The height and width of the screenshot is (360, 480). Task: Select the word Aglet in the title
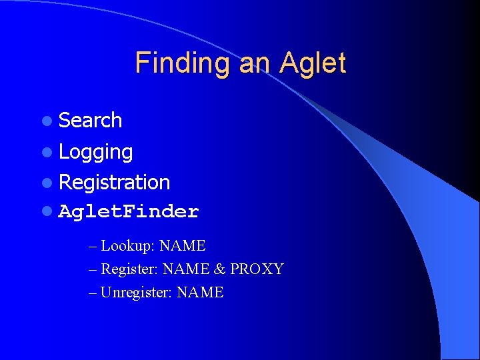(313, 63)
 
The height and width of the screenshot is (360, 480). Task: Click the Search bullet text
(90, 121)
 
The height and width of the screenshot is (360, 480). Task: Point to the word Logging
(95, 152)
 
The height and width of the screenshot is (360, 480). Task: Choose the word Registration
(114, 182)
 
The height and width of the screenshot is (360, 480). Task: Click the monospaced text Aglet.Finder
(129, 212)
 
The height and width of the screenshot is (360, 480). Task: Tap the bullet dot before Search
(46, 121)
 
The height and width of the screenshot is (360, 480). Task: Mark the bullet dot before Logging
(46, 152)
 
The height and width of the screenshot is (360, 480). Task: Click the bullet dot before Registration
(46, 183)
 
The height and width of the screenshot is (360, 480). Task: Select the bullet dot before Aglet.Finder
(46, 213)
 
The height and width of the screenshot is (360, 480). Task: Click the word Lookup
(128, 246)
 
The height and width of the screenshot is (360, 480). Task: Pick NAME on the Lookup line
(183, 246)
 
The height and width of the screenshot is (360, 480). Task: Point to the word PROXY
(257, 269)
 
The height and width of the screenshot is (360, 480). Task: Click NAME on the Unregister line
(201, 293)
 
